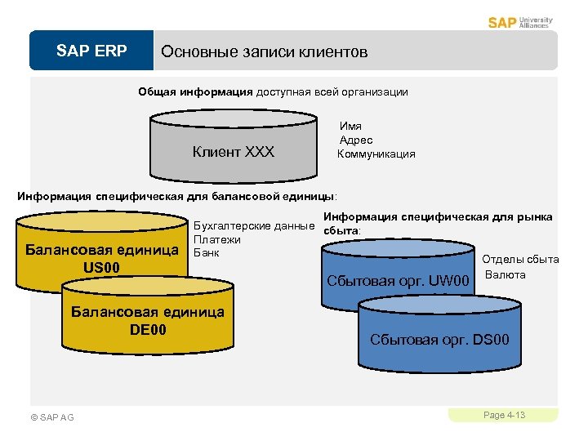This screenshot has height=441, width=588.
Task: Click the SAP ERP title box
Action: [91, 51]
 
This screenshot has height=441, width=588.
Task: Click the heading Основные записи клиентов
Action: [265, 51]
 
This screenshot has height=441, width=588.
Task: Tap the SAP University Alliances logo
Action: [520, 22]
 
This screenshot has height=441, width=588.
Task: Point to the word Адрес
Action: [354, 140]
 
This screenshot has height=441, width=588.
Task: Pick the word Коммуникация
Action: [376, 154]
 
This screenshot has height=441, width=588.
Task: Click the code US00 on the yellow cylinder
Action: [101, 267]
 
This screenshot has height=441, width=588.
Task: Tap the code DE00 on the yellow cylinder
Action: [148, 329]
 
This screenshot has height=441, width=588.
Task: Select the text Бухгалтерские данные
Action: [254, 226]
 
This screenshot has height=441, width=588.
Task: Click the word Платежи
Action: [216, 239]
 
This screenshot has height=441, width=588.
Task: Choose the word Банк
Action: [207, 252]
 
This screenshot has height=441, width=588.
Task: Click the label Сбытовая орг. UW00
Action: [399, 282]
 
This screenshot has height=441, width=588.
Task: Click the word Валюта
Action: [506, 274]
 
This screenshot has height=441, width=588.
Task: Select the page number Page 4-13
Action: [504, 416]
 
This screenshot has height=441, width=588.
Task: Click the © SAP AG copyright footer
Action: [52, 417]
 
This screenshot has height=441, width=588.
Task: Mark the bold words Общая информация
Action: [195, 92]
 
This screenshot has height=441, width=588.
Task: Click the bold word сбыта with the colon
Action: [342, 231]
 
